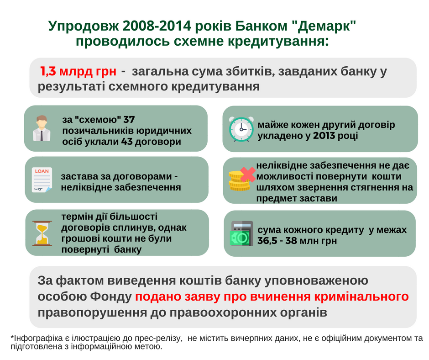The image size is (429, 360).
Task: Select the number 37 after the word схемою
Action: coord(129,120)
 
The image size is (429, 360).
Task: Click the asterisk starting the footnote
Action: coord(12,339)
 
